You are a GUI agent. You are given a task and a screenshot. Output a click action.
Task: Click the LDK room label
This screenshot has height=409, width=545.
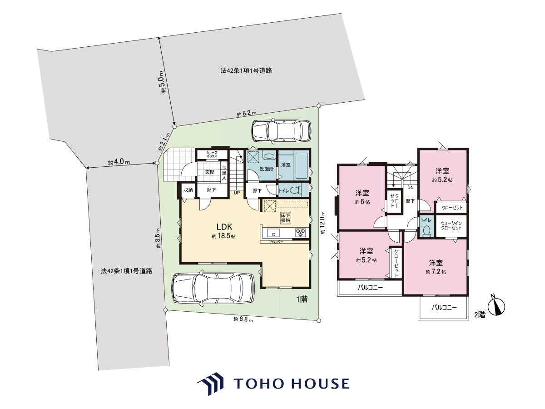click(224, 226)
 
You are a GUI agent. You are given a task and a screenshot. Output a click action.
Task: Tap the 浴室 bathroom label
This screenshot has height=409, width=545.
click(286, 165)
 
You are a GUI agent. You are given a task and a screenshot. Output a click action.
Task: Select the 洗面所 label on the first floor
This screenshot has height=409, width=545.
click(267, 169)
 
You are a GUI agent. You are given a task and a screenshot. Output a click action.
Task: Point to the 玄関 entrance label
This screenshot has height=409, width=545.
click(210, 172)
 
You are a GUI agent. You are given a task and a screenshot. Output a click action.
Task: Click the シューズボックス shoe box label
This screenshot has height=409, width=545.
click(212, 155)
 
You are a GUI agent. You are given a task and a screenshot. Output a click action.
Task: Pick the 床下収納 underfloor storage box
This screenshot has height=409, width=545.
click(286, 218)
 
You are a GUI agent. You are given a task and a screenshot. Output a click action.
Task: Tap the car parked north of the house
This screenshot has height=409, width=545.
click(281, 131)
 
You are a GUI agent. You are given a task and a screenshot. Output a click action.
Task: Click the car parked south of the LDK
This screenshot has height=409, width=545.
click(213, 288)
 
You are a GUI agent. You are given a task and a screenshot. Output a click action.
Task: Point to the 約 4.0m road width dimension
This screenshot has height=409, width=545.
click(119, 162)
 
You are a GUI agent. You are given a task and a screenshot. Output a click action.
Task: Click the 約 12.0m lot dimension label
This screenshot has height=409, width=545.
click(322, 223)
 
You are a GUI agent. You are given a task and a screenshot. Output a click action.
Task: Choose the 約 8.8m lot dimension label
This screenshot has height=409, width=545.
click(243, 319)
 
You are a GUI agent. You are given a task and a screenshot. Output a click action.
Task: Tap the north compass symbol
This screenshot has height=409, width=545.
click(496, 307)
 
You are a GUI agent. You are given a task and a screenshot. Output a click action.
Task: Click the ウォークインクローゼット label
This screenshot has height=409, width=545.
click(451, 225)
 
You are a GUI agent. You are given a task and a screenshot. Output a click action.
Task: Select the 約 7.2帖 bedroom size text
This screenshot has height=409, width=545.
click(436, 271)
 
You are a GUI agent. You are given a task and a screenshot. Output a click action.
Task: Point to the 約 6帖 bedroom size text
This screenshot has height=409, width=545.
click(362, 202)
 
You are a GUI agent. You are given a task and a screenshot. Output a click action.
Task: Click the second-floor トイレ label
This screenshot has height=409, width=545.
click(426, 220)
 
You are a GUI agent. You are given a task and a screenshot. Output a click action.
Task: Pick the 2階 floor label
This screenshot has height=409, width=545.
click(480, 314)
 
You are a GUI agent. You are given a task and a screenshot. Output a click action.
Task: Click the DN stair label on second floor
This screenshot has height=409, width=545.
click(411, 188)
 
